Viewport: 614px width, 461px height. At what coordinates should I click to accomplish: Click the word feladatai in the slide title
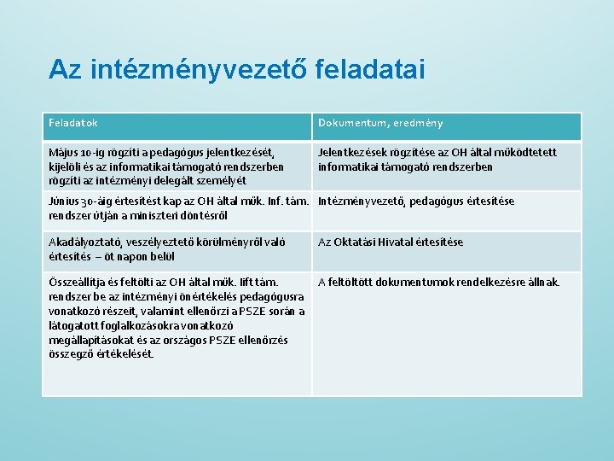coord(369,68)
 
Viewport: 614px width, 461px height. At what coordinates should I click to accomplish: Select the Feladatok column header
coord(73,123)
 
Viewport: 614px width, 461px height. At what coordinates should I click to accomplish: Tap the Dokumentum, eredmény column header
coord(380,123)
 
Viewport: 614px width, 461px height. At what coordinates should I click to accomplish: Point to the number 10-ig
coord(95,153)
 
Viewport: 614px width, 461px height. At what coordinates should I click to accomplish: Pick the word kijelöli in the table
coord(67,166)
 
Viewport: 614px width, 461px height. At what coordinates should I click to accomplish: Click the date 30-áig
coord(101,201)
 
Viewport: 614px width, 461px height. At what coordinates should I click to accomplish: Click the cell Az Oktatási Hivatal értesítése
coord(391,242)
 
